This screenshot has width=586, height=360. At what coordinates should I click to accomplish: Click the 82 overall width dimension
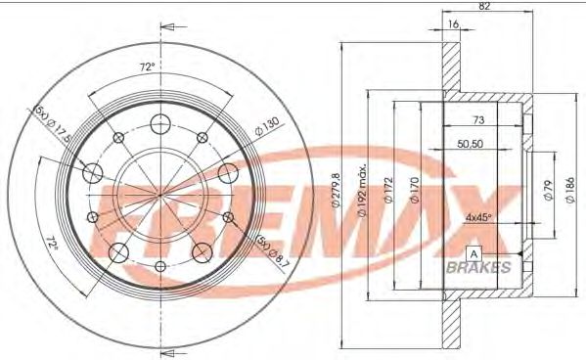(x=485, y=7)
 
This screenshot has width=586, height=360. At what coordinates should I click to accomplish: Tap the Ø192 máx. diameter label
(x=363, y=186)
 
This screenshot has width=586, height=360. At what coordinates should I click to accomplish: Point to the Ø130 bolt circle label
(x=268, y=125)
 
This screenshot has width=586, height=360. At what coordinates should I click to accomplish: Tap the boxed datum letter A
(x=473, y=254)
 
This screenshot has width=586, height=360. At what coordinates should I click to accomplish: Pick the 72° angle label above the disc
(x=147, y=68)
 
